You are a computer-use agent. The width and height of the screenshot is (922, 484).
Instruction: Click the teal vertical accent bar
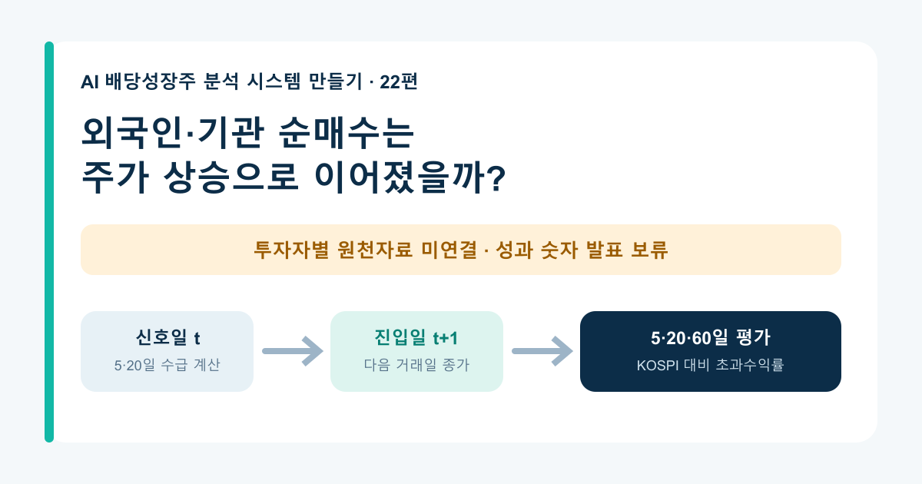click(x=49, y=242)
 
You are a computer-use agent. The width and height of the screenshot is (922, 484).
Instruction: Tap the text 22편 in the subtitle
click(x=399, y=81)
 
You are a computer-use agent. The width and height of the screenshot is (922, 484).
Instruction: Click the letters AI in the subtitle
click(x=89, y=82)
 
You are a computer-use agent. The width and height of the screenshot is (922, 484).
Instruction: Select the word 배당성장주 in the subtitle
click(x=151, y=81)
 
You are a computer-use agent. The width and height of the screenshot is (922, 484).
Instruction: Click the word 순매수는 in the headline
click(x=346, y=132)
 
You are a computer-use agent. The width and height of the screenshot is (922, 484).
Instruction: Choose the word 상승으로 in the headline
click(x=231, y=177)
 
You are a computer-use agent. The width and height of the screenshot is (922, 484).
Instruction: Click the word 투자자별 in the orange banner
click(x=291, y=250)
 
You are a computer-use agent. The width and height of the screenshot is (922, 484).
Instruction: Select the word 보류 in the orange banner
click(x=649, y=250)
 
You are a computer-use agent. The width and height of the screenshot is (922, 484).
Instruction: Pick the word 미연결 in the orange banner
click(x=449, y=250)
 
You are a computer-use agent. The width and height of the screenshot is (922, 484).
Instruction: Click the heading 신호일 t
click(x=167, y=337)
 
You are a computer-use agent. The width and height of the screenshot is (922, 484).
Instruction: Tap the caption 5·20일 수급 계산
click(x=167, y=365)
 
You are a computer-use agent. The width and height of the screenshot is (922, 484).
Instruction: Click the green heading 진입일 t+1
click(x=416, y=337)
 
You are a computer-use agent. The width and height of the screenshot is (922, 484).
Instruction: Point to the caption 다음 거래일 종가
click(x=416, y=365)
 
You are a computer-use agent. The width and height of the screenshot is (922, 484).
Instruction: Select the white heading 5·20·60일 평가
click(x=711, y=337)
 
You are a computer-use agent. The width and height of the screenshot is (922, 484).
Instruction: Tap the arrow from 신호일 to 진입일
click(x=293, y=351)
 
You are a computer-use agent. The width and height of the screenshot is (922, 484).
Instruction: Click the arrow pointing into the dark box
click(x=542, y=351)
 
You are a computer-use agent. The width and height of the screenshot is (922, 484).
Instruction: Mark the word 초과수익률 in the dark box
click(x=750, y=365)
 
